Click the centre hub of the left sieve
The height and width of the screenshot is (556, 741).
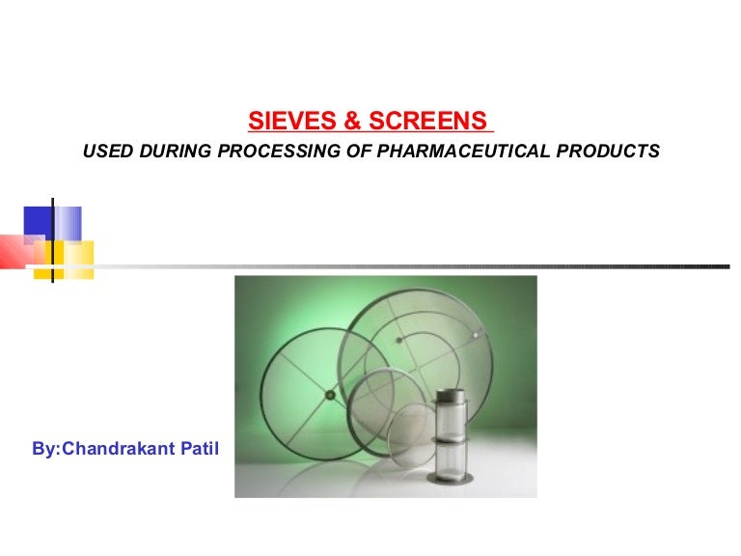click(330, 394)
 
